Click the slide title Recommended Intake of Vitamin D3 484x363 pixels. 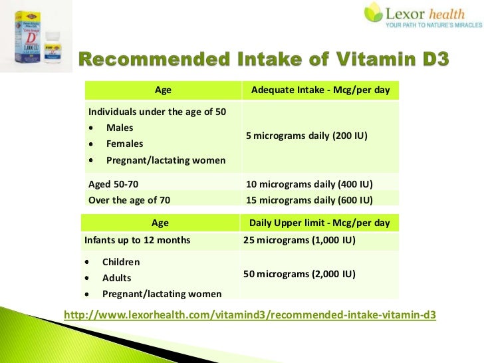[x=265, y=61]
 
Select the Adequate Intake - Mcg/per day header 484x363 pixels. [x=320, y=90]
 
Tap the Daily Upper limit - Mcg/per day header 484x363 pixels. [x=319, y=223]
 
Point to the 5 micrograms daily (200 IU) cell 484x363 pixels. [x=306, y=136]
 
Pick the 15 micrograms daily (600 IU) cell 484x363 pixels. [x=309, y=199]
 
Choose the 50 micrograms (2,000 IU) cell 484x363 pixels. [x=299, y=274]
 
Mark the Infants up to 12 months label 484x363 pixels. [x=138, y=240]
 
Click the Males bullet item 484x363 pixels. [x=120, y=128]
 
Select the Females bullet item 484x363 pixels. [x=124, y=144]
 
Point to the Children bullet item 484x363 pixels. [x=121, y=262]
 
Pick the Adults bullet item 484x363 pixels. [x=117, y=278]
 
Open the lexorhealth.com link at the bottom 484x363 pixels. [x=249, y=314]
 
